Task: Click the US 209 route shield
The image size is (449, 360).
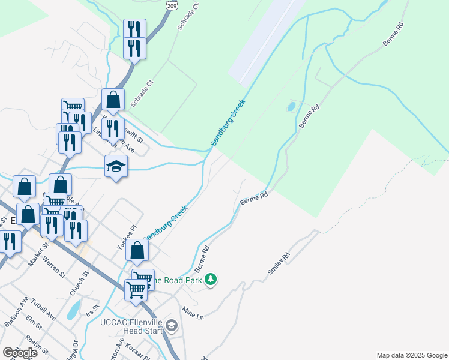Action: pos(173,5)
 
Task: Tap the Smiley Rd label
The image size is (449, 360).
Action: pos(279,264)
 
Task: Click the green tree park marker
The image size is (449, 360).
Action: pos(210,279)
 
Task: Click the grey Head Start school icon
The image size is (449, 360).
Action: pos(172,326)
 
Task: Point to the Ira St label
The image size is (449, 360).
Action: pos(92,310)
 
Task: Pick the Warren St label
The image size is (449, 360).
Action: pos(54,268)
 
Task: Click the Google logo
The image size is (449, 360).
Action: pos(20,352)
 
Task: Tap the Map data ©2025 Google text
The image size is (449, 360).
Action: pos(412,355)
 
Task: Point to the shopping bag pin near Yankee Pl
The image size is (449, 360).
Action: pos(137,251)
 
